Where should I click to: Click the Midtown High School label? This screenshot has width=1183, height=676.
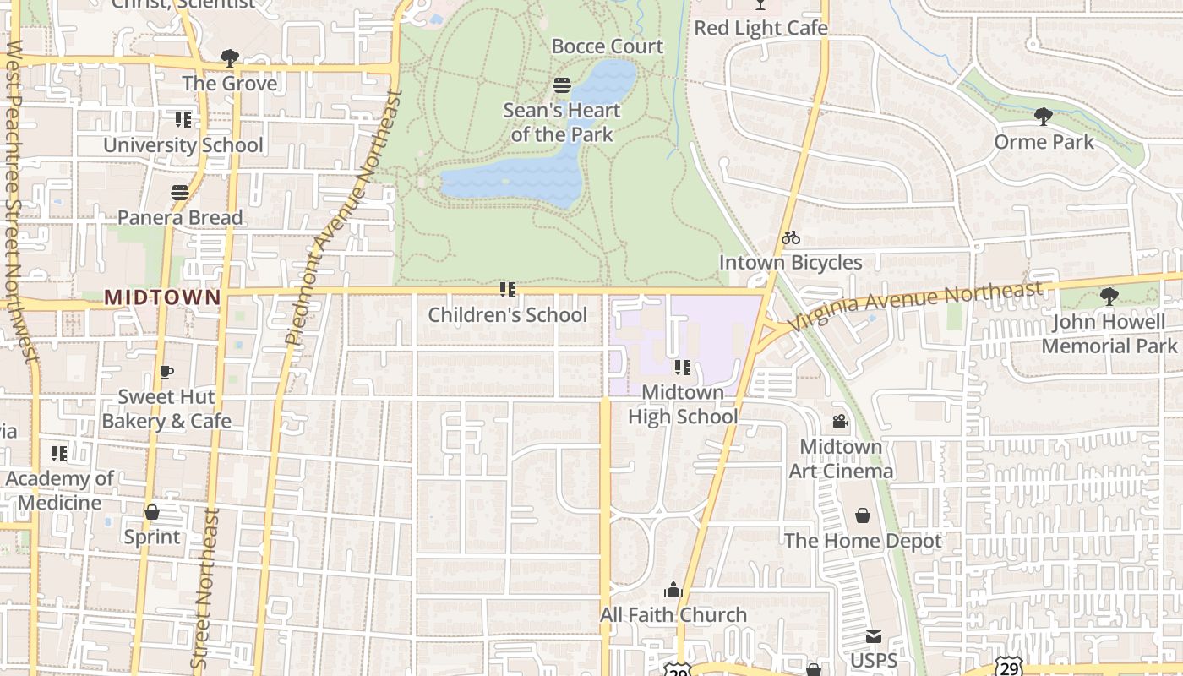click(x=683, y=405)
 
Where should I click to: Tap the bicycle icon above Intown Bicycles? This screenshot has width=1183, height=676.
click(x=791, y=238)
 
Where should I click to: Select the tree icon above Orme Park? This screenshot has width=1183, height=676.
click(x=1044, y=117)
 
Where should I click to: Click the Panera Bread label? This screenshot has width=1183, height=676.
click(x=180, y=218)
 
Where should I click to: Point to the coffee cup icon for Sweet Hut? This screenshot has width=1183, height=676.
click(x=166, y=372)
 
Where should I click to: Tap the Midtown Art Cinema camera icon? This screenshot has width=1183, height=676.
click(x=840, y=421)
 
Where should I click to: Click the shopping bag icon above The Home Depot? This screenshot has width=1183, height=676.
click(x=863, y=515)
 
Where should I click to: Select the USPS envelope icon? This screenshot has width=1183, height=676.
click(x=873, y=636)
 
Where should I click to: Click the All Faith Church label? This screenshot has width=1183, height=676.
click(x=673, y=615)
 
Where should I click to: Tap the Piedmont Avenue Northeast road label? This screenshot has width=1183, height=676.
click(x=343, y=218)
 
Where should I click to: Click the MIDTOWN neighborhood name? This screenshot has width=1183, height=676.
click(x=162, y=297)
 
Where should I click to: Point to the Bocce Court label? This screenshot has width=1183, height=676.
click(x=608, y=46)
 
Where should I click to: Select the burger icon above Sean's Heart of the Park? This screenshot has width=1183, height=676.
click(x=562, y=85)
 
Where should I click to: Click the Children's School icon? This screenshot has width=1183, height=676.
click(x=507, y=291)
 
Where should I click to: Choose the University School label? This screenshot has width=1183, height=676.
click(x=183, y=145)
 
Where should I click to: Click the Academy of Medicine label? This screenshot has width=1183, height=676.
click(x=59, y=491)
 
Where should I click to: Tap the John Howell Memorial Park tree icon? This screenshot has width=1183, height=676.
click(x=1109, y=297)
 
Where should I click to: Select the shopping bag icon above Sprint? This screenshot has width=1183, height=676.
click(x=152, y=512)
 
